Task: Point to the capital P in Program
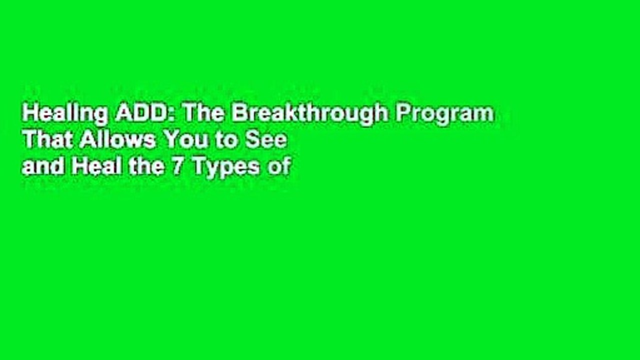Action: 402,114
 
